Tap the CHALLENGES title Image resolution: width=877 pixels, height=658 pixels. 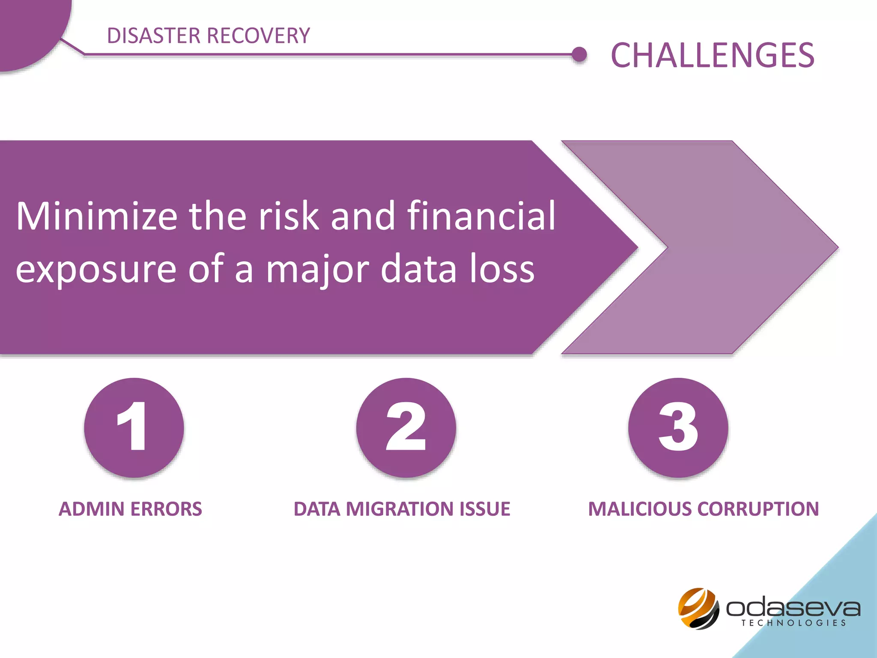(712, 55)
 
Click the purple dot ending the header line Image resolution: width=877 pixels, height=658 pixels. (579, 54)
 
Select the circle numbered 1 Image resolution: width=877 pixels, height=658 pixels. (134, 428)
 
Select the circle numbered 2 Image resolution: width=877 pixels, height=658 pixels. (406, 428)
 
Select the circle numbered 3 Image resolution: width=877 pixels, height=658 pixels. (678, 428)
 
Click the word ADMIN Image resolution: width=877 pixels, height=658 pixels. (91, 509)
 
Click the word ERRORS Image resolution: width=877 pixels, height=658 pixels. (166, 509)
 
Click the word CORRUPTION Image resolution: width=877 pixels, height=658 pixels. (758, 509)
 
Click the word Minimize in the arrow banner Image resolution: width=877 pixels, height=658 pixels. (96, 216)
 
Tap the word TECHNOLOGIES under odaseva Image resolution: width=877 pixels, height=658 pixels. (793, 623)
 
